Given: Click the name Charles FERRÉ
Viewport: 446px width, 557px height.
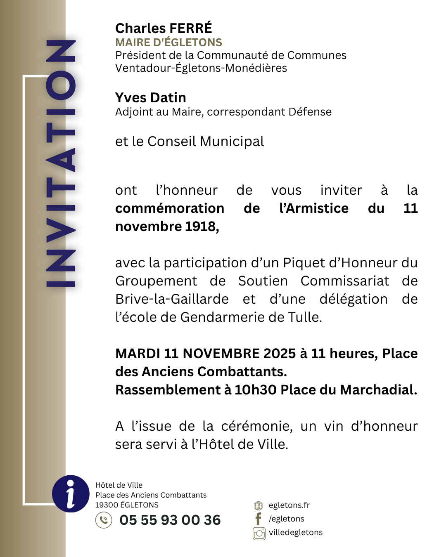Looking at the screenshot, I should (x=164, y=28).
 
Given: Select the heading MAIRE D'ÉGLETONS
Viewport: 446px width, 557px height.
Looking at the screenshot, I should (x=168, y=42).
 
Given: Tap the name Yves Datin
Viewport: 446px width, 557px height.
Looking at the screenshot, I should (x=151, y=98).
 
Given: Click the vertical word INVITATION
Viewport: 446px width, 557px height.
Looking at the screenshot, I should (x=61, y=163).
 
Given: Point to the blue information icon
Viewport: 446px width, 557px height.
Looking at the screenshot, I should (x=71, y=493).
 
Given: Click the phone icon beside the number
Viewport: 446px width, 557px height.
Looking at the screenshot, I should (x=104, y=520).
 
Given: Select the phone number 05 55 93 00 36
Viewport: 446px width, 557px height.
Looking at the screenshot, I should (x=170, y=520).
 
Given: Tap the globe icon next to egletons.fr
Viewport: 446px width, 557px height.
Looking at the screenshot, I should (x=259, y=505).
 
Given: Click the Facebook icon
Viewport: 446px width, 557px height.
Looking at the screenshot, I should (x=259, y=519).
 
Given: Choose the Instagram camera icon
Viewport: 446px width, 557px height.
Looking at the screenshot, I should (x=259, y=533).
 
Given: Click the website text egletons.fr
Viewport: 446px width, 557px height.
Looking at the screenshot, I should (x=289, y=505).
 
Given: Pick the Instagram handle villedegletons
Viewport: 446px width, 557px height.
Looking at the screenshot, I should (x=296, y=533).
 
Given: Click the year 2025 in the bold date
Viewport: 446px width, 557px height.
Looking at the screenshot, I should (x=280, y=354).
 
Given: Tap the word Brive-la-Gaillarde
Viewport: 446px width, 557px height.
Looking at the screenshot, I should (x=172, y=299).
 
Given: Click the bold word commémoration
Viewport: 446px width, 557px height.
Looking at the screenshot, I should (x=170, y=208).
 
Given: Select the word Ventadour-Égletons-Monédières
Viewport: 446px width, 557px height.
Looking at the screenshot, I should (x=201, y=68).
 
